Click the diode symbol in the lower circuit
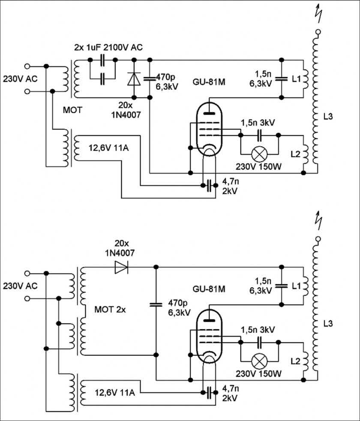(121, 268)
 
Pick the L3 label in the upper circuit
(328, 116)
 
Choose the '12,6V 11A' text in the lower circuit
(112, 391)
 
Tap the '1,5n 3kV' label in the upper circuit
(258, 123)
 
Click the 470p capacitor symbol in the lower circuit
(156, 305)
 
